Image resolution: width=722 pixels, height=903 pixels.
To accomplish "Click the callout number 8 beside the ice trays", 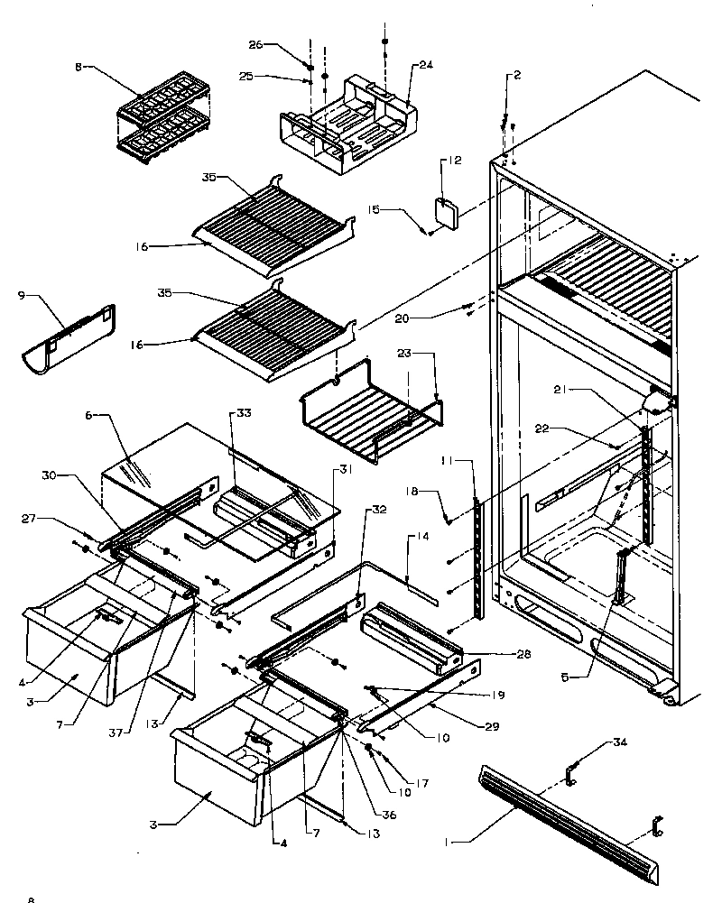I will (x=79, y=67).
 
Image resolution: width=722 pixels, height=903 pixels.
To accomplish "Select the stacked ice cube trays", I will (x=162, y=117).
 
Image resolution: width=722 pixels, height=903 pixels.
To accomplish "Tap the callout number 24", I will (x=426, y=66).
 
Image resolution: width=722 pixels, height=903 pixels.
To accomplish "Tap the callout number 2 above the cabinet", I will (x=518, y=74).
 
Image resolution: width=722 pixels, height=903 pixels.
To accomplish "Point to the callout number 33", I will (x=218, y=413).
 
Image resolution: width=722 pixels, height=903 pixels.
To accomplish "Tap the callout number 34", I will (x=617, y=742).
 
